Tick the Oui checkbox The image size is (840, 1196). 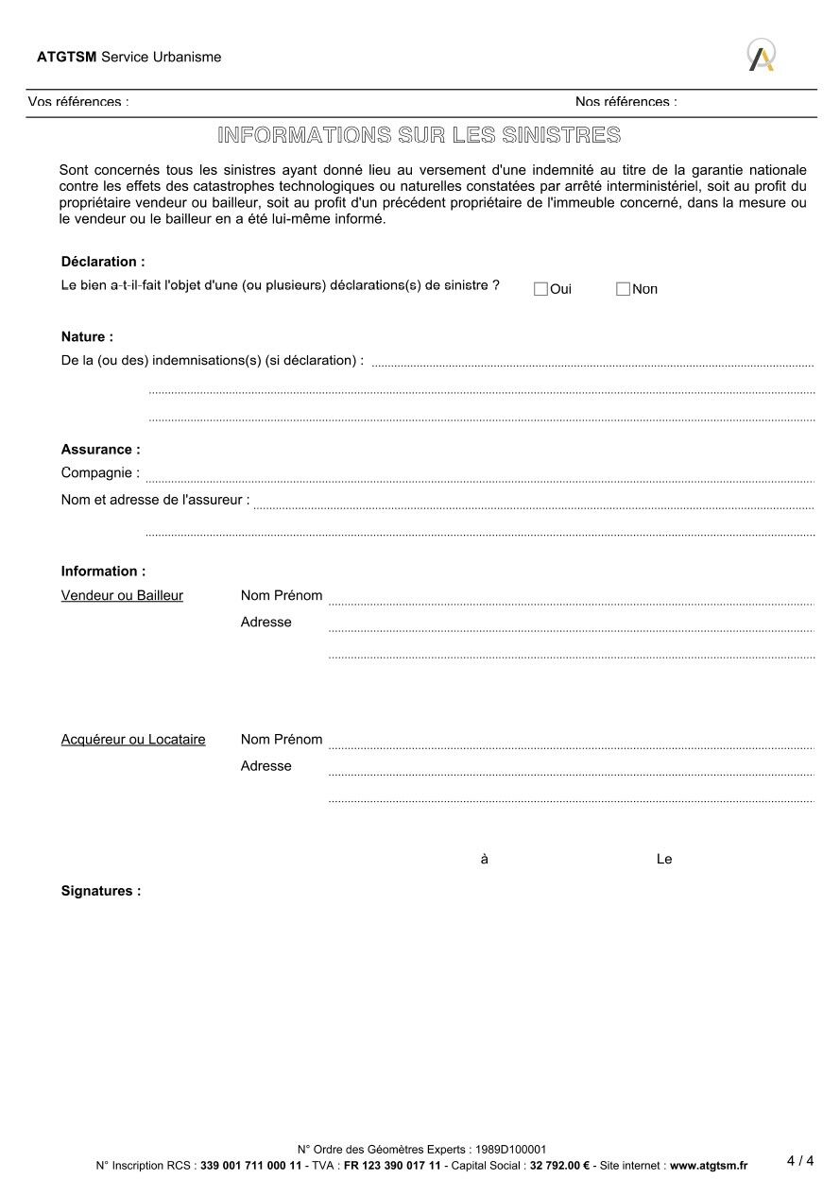(540, 289)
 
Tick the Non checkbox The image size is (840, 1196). (623, 289)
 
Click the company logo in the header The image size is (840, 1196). (762, 55)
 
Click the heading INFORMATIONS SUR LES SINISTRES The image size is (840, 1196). (419, 135)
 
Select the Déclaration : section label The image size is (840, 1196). (103, 262)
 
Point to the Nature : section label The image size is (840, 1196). (87, 336)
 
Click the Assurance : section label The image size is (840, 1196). (100, 450)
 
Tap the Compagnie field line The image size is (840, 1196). (479, 476)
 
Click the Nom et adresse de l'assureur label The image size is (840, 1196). (155, 500)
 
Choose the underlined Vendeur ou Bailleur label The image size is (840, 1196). (122, 596)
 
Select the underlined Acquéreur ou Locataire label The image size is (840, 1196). (133, 740)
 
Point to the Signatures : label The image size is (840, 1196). (101, 891)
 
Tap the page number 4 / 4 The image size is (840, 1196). (799, 1161)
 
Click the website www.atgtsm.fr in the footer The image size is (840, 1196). (708, 1166)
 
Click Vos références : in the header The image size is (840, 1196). (78, 101)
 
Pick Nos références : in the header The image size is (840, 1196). (626, 101)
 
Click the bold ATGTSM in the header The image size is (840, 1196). (66, 57)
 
